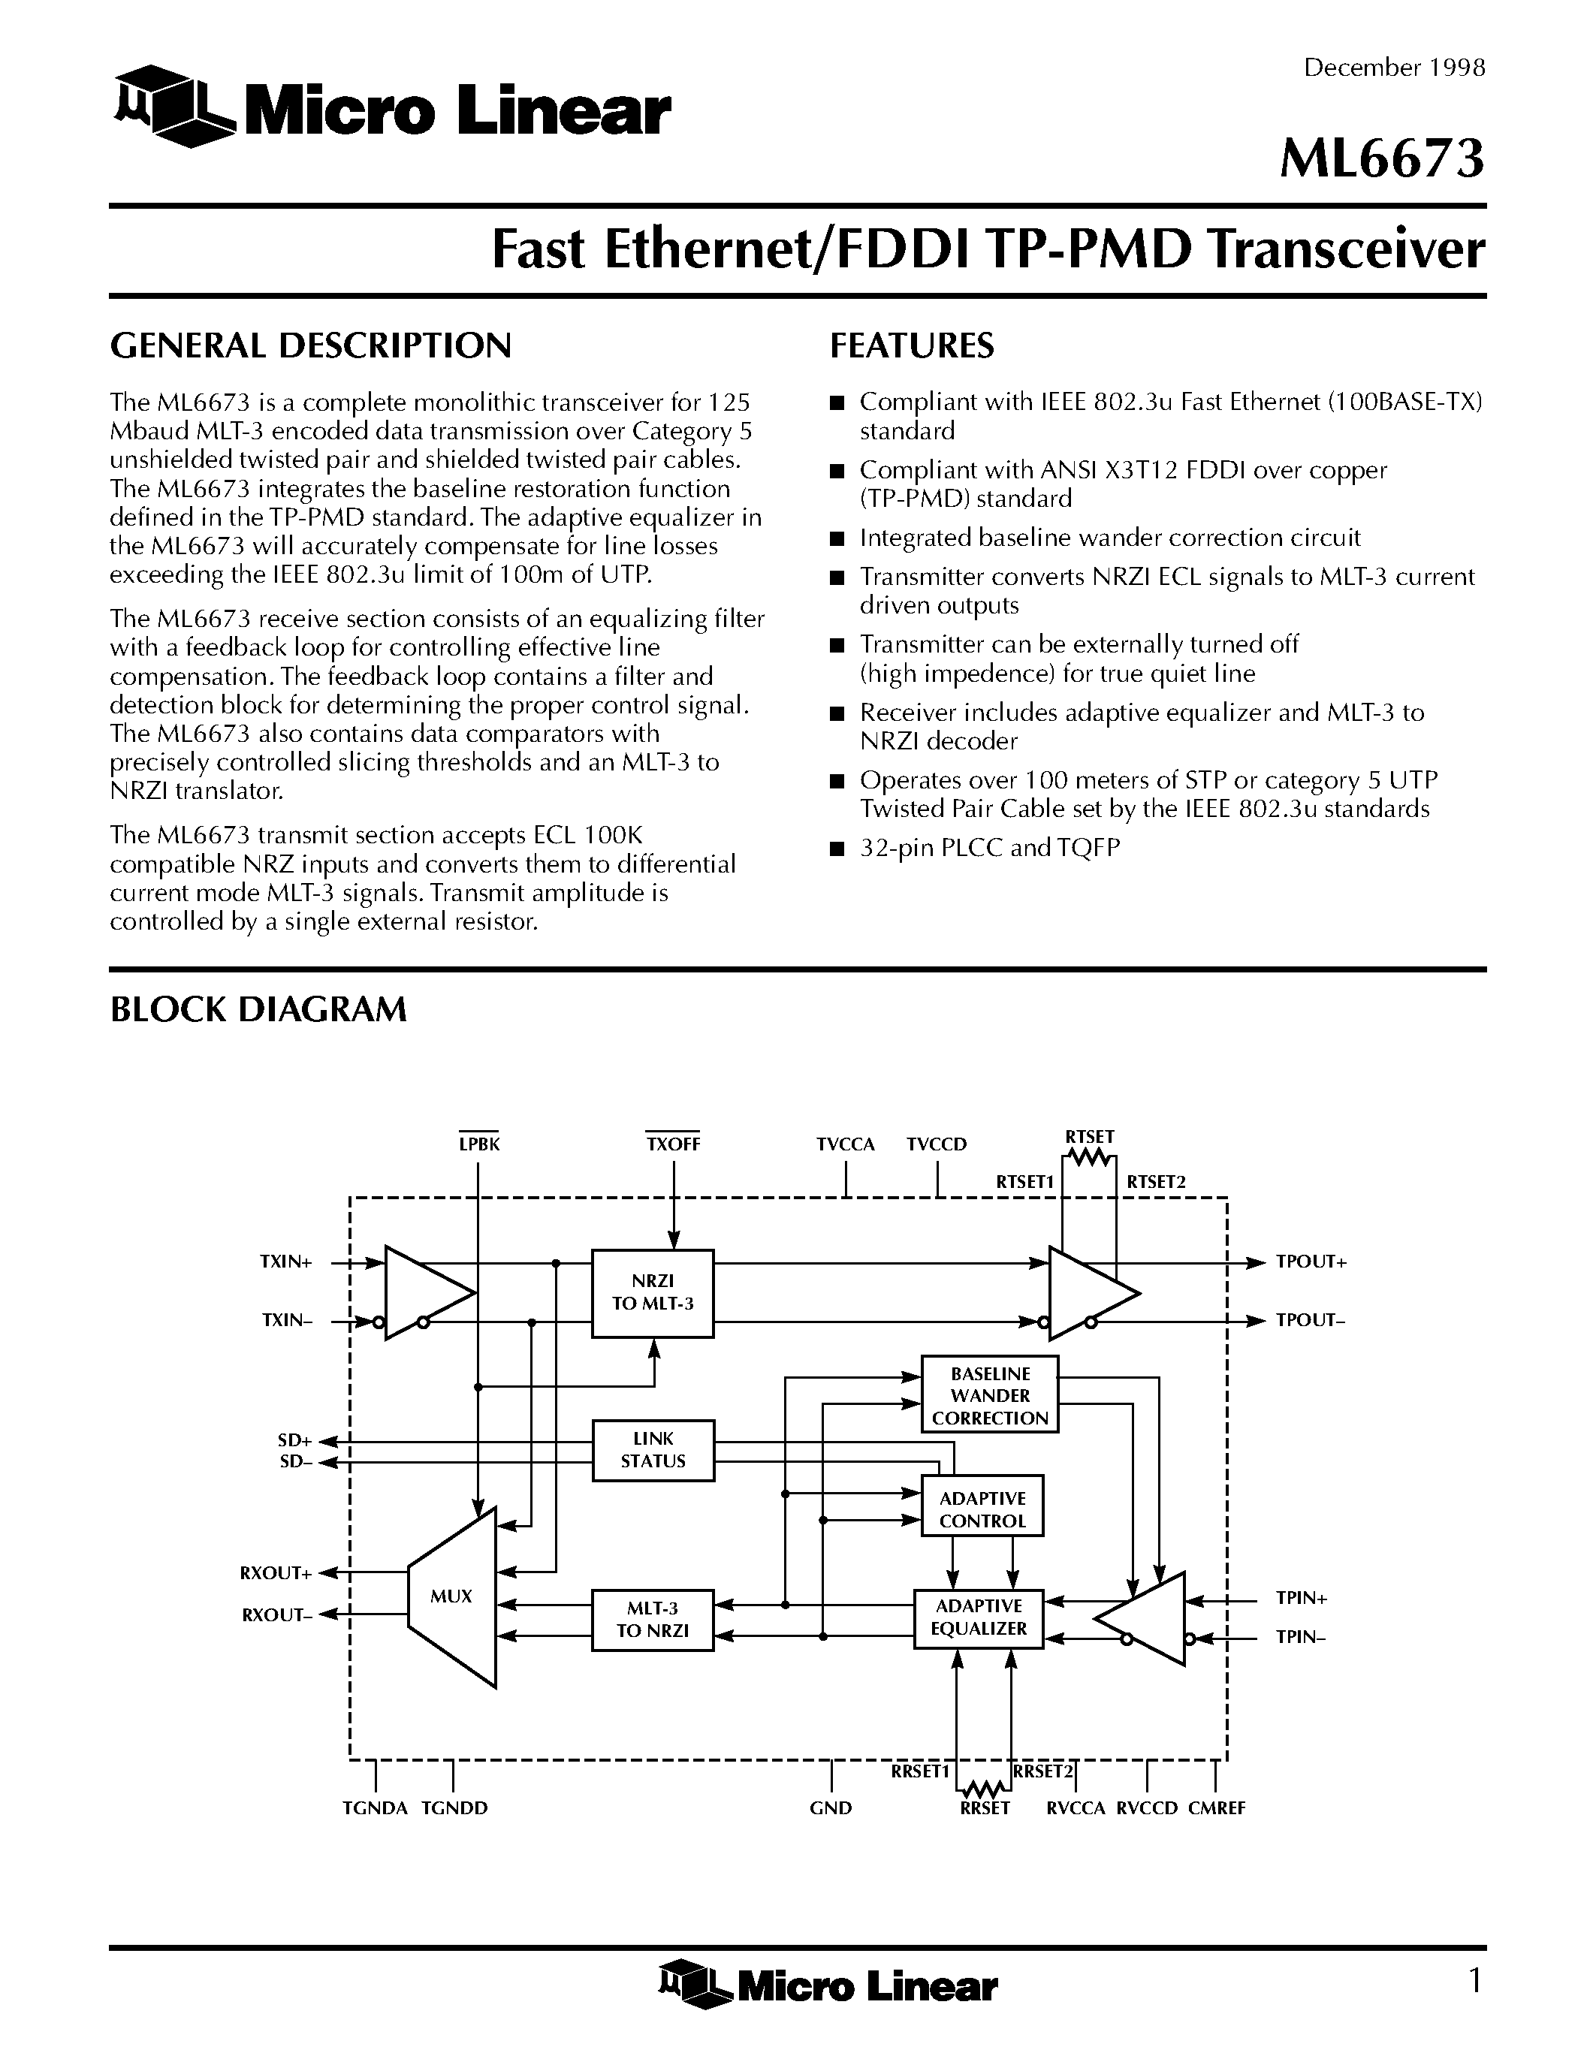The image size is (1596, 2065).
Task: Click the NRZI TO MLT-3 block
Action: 653,1292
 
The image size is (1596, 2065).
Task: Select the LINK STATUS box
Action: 653,1449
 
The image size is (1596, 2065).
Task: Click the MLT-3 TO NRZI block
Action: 653,1619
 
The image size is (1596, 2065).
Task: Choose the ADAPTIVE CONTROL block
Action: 982,1509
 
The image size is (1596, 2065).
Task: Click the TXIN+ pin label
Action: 286,1262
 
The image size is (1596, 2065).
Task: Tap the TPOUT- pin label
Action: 1311,1321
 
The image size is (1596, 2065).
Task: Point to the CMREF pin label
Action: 1217,1808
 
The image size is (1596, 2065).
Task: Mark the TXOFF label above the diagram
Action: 673,1144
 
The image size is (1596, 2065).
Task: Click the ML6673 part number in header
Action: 1381,159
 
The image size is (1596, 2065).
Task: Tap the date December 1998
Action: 1395,68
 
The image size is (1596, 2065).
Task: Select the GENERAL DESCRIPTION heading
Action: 310,346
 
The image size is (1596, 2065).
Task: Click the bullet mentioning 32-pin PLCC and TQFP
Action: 989,848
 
